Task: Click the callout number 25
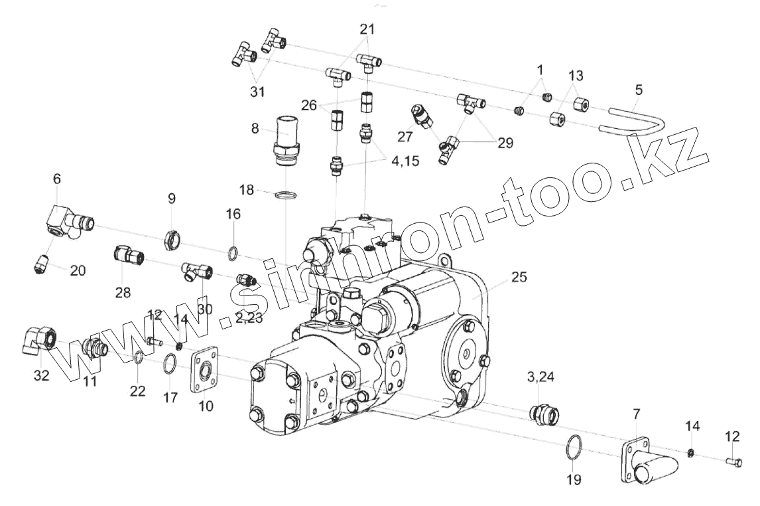pos(518,277)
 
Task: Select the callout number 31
pos(257,91)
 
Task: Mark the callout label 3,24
pos(540,377)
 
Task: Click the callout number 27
pos(405,136)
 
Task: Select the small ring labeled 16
pos(233,252)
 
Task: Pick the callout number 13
pos(576,76)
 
